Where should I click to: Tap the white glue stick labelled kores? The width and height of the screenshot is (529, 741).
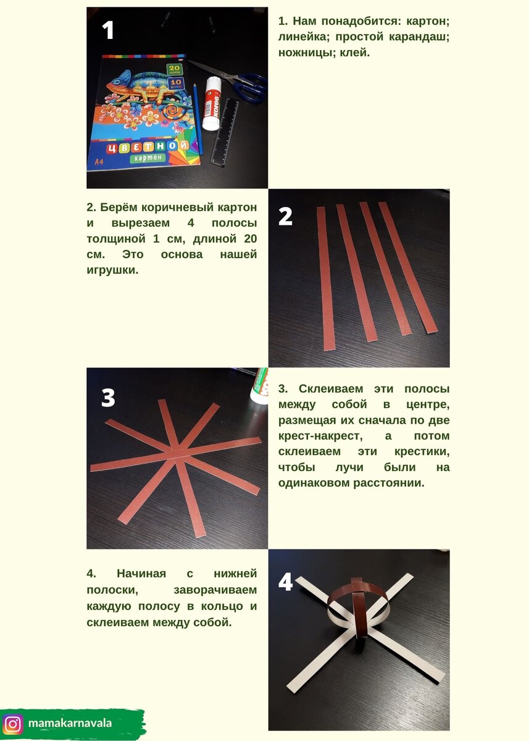coord(212,103)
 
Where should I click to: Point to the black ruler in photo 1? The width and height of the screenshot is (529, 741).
coord(225,132)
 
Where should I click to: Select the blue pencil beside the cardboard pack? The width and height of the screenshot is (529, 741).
coord(198,119)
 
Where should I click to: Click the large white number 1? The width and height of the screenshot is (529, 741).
coord(108,30)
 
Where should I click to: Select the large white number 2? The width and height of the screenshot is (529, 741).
coord(285,217)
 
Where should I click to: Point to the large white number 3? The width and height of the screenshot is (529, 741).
coord(108,397)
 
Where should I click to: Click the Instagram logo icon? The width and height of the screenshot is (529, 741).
coord(12,722)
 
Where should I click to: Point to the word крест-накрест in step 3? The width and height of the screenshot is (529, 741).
coord(320,436)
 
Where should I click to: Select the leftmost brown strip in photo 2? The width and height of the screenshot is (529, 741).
coord(325,278)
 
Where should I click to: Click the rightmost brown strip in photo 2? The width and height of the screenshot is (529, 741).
coord(407,267)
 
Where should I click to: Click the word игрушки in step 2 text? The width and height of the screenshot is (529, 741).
coord(112,270)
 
